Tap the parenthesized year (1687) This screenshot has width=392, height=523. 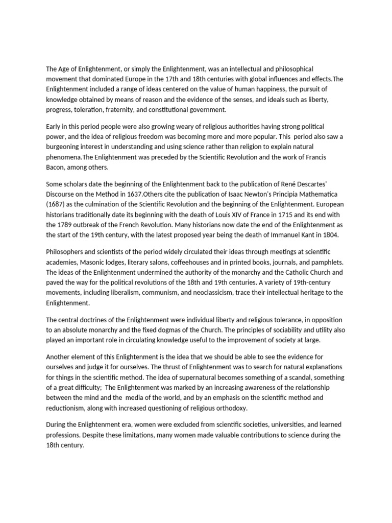(x=57, y=204)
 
